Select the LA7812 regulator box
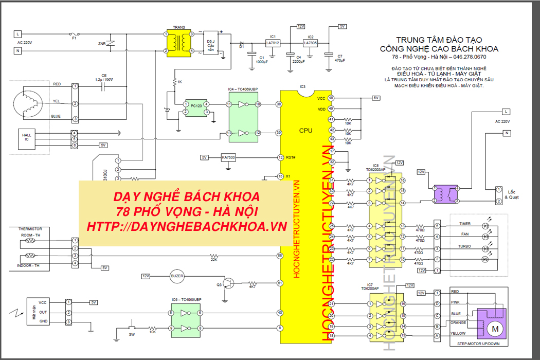click(273, 44)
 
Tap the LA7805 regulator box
click(310, 44)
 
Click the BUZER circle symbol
click(176, 276)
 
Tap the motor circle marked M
click(495, 328)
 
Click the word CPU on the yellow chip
click(305, 131)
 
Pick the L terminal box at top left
click(18, 33)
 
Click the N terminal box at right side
click(506, 133)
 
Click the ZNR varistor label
click(101, 44)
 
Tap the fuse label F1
click(74, 38)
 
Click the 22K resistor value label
click(213, 260)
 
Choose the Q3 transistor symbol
click(228, 283)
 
